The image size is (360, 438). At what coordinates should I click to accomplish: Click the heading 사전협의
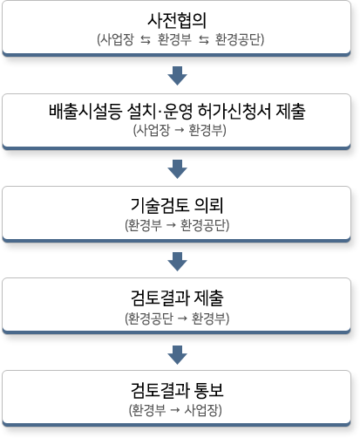coord(177,20)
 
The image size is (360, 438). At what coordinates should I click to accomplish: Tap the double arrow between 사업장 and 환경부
coord(146,40)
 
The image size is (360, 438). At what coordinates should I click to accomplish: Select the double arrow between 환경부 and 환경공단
coord(204,40)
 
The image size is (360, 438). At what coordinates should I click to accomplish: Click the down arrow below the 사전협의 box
coord(177,76)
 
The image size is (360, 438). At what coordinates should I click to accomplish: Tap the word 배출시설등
coord(85,112)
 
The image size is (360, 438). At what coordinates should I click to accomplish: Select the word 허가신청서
coord(234,112)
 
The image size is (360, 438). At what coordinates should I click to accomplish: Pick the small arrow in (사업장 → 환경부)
coord(180,130)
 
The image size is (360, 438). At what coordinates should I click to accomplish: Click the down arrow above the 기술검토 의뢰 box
coord(177,169)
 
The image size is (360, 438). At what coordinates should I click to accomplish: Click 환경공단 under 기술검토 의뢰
coord(203,225)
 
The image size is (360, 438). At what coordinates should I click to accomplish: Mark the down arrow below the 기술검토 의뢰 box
coord(177,262)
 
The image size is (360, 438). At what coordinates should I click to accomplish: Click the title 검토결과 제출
coord(177,298)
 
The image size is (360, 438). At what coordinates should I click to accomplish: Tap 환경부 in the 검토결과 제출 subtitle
coord(208,318)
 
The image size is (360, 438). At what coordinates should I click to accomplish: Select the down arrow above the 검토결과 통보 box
coord(177,355)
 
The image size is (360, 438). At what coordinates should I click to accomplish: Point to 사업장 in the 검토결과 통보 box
coord(201,410)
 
